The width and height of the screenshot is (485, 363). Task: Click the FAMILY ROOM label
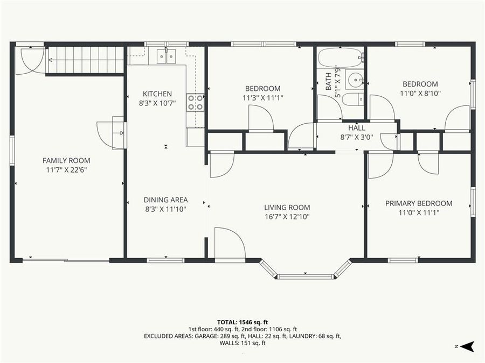click(66, 160)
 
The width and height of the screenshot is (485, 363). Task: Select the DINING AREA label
click(165, 200)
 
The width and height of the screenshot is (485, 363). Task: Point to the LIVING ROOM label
click(287, 208)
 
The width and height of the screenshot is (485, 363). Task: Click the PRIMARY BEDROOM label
click(419, 203)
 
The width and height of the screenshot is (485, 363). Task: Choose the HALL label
click(356, 128)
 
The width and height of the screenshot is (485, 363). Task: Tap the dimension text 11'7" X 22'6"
click(66, 170)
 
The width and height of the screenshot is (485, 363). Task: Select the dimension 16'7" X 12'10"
click(287, 217)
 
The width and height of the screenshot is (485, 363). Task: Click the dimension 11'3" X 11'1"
click(262, 98)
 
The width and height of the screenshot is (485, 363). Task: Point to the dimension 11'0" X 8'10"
click(420, 94)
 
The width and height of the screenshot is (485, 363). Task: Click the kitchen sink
click(165, 55)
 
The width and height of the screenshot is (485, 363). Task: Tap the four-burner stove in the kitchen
click(195, 102)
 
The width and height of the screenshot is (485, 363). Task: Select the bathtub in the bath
click(340, 58)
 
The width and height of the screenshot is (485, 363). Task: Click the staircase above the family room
click(86, 59)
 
